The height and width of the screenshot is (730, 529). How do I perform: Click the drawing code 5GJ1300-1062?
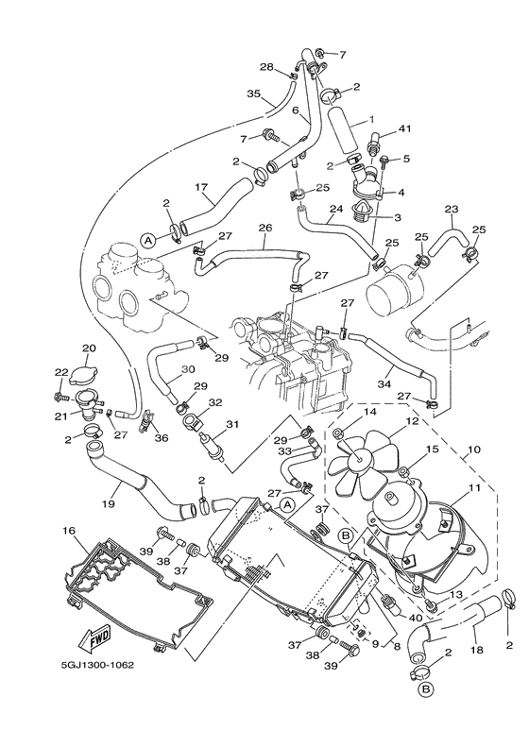(97, 665)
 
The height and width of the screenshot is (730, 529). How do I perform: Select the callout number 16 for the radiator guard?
(69, 531)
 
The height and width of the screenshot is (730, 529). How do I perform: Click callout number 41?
(404, 129)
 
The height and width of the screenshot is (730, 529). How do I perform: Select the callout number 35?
(254, 93)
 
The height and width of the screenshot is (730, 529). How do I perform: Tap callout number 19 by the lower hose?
(109, 503)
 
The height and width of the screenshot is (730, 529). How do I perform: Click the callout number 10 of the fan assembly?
(474, 450)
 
